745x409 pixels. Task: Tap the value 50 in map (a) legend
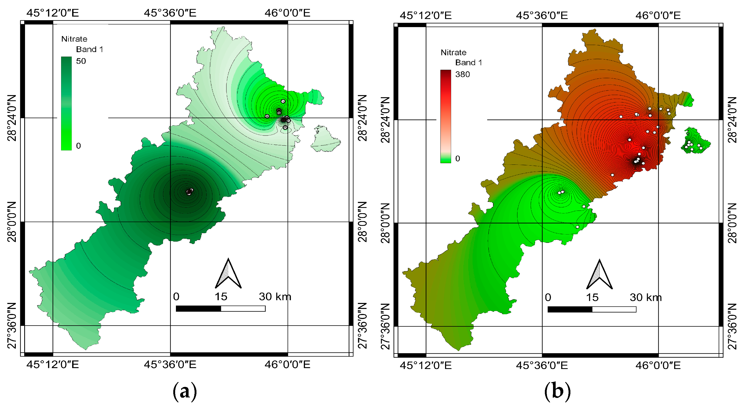pos(81,61)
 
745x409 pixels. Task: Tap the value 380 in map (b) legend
pos(462,74)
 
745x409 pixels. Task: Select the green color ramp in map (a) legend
pos(66,103)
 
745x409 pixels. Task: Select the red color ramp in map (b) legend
pos(445,116)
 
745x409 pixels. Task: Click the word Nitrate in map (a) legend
pos(74,39)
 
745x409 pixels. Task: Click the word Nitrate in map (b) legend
pos(453,53)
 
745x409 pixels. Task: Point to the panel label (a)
pos(185,391)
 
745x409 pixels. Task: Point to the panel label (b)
pos(557,391)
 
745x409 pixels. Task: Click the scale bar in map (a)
pos(220,309)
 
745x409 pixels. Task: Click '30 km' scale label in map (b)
pos(645,297)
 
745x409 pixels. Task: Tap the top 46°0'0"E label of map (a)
pos(287,13)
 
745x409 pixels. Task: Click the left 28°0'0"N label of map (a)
pos(12,222)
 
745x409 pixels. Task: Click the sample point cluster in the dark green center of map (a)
pos(189,191)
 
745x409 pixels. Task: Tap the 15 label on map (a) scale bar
pos(221,297)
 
